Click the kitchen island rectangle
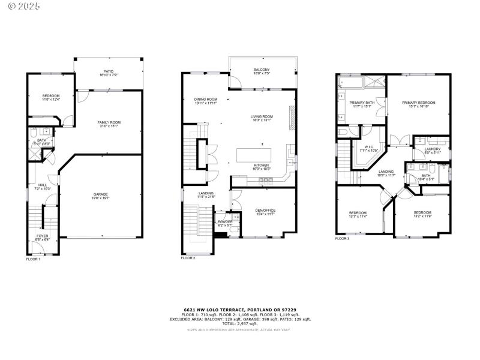[261, 155]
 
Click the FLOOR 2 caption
[188, 258]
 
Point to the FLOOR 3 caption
[342, 239]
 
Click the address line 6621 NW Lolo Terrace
[239, 309]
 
